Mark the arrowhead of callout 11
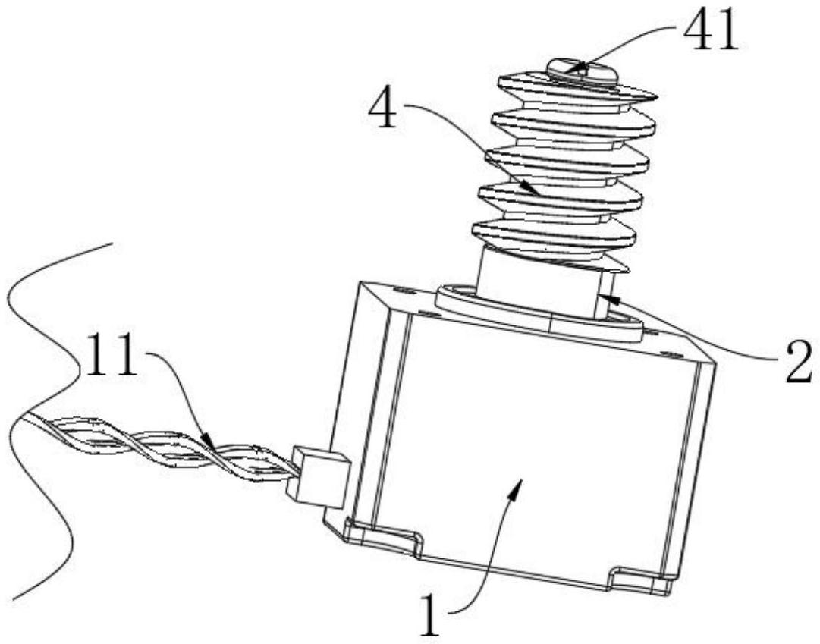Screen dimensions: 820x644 point(208,440)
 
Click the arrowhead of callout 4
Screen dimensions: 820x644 point(536,193)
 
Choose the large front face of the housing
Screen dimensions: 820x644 point(531,440)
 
